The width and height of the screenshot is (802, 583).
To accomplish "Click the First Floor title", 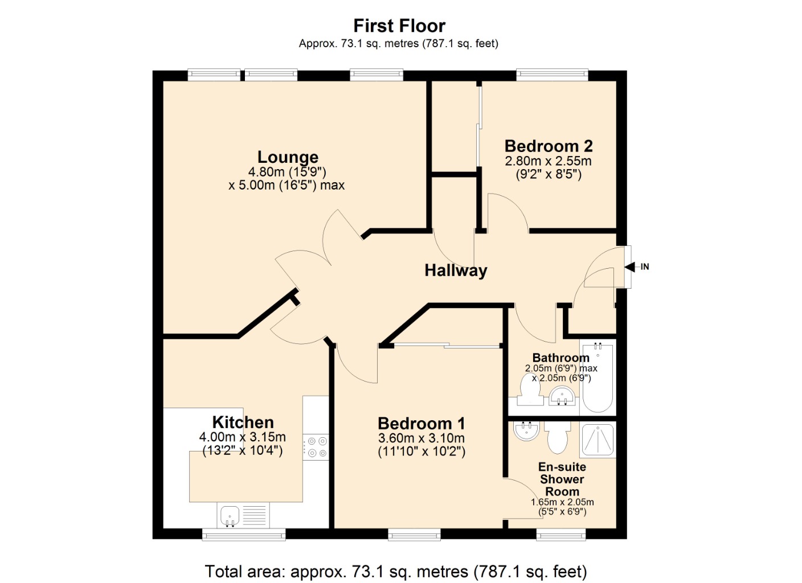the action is [x=399, y=26].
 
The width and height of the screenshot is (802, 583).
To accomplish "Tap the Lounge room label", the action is [x=288, y=157].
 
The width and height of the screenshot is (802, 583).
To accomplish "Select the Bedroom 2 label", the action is [x=549, y=146].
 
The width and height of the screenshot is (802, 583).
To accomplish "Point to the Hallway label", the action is [x=456, y=270].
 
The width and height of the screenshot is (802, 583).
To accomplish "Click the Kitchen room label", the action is [x=243, y=422].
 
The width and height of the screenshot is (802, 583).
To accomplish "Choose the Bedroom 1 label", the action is [x=422, y=424].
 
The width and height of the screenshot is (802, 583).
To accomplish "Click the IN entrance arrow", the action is [x=629, y=266].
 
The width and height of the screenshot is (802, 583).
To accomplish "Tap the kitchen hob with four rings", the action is [x=316, y=447].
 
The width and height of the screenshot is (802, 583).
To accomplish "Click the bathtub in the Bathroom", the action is [x=598, y=377].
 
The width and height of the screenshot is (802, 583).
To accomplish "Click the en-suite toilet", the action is [x=558, y=437].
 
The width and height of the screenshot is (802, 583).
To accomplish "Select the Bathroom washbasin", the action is [x=562, y=396].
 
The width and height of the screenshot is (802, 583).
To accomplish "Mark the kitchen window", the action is [x=244, y=535].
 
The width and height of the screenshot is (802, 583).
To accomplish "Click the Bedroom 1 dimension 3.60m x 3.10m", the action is [x=422, y=438].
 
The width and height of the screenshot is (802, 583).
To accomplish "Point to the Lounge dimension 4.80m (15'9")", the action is [x=287, y=172].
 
